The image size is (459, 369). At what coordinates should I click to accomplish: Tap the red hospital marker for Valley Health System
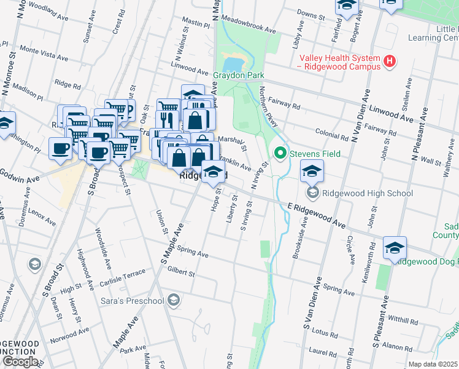388,61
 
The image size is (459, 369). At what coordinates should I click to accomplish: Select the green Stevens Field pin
280,152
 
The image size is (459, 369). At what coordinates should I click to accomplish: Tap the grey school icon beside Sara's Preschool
174,300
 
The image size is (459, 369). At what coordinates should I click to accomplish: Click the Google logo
20,362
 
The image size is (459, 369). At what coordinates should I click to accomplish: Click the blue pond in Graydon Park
235,64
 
